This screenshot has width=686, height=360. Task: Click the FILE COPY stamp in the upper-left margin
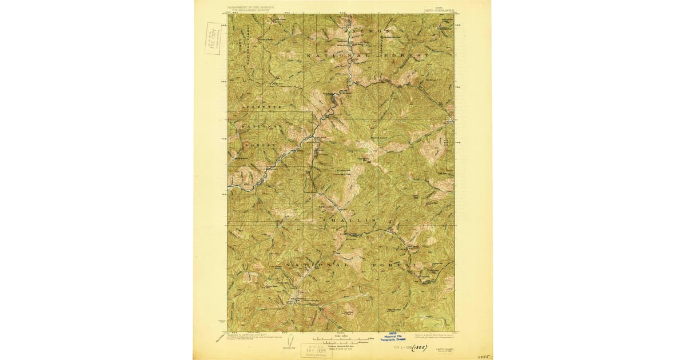(x=213, y=38)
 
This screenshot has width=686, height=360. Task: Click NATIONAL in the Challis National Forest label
(x=315, y=266)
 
